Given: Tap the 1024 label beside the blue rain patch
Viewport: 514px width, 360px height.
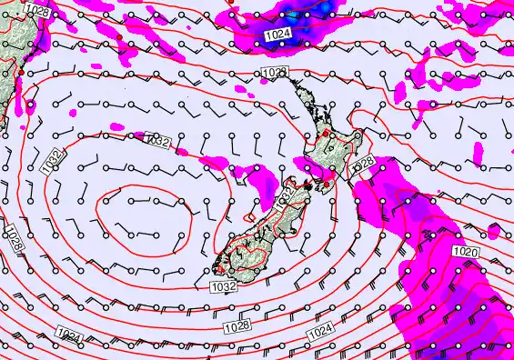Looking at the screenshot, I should [279, 35].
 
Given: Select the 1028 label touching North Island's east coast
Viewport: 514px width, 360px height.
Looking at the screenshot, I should [362, 163].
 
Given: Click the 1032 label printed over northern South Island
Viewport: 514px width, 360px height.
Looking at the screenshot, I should [284, 195].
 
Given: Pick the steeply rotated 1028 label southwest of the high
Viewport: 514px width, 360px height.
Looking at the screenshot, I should [13, 238].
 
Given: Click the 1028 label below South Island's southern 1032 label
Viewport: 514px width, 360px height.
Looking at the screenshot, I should [237, 325].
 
